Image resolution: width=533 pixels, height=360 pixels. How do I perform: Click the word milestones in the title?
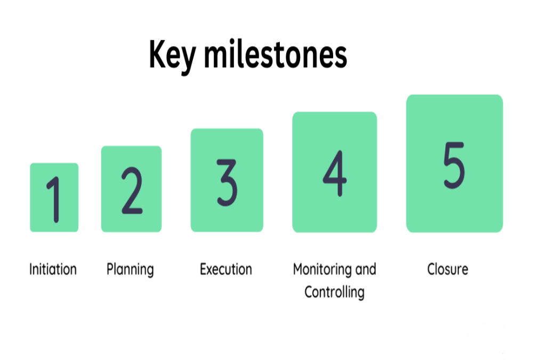[275, 54]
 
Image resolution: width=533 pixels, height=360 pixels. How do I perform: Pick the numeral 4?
[335, 174]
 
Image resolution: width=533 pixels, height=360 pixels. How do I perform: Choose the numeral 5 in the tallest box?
[454, 164]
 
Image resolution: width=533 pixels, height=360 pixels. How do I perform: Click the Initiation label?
[53, 269]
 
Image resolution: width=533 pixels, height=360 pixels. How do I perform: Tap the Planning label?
[130, 269]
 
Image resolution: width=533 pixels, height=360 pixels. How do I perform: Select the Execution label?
[226, 269]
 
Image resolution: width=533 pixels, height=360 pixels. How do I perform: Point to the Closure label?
[448, 269]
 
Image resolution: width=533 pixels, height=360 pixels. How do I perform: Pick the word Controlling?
[334, 292]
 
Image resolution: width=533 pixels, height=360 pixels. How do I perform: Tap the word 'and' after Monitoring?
[366, 269]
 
